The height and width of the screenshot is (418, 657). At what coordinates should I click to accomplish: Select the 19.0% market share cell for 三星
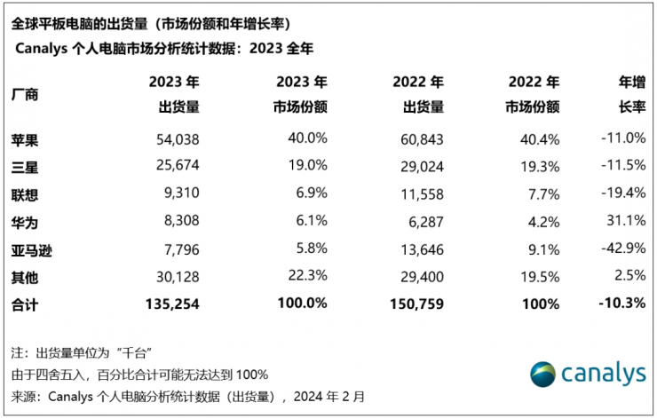pyautogui.click(x=306, y=166)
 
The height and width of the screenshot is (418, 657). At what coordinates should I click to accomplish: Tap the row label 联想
pyautogui.click(x=27, y=193)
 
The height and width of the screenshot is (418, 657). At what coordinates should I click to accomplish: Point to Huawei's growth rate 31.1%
pyautogui.click(x=626, y=221)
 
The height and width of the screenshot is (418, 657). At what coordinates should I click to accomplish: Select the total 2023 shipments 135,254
pyautogui.click(x=170, y=304)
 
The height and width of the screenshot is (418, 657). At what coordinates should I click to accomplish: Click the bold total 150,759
pyautogui.click(x=414, y=304)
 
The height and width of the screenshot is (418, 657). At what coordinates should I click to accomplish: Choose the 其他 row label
pyautogui.click(x=27, y=277)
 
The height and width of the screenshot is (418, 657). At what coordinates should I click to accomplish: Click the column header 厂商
pyautogui.click(x=27, y=94)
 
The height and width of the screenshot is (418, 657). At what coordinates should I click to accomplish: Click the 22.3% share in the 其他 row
pyautogui.click(x=306, y=276)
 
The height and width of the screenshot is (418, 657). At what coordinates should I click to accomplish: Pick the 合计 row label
pyautogui.click(x=27, y=304)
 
